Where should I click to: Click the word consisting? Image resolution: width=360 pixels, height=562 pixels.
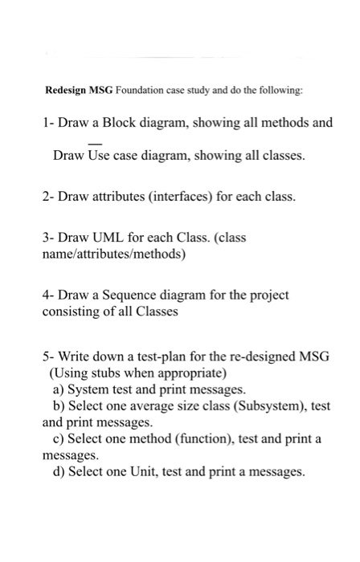(73, 311)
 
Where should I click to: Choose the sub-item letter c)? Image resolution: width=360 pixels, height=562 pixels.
(58, 439)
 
